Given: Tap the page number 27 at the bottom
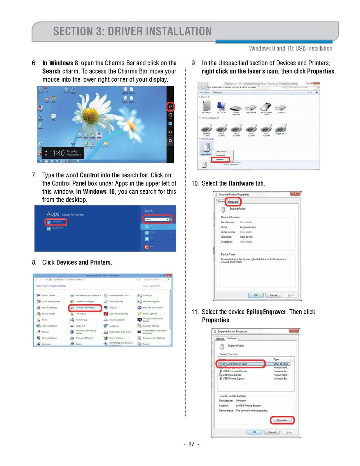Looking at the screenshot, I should pyautogui.click(x=191, y=445).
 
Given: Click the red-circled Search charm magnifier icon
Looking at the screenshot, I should pyautogui.click(x=170, y=106).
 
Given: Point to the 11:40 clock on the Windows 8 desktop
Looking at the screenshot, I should pyautogui.click(x=57, y=153).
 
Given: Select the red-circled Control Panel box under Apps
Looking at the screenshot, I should pyautogui.click(x=55, y=222).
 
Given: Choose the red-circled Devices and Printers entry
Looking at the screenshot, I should pyautogui.click(x=85, y=308).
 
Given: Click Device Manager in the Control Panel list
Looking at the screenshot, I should pyautogui.click(x=49, y=308).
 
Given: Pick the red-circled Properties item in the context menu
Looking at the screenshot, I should pyautogui.click(x=220, y=159).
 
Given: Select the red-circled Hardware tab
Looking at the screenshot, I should pyautogui.click(x=233, y=202).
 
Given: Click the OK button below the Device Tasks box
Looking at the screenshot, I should pyautogui.click(x=256, y=295).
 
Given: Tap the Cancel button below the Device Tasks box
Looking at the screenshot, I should pyautogui.click(x=273, y=295).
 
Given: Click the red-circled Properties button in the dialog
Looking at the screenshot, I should pyautogui.click(x=282, y=420).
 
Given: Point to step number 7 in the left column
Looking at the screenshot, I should pyautogui.click(x=34, y=175).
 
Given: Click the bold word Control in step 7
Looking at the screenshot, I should pyautogui.click(x=89, y=175).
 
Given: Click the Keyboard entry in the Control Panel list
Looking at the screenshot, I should pyautogui.click(x=80, y=326).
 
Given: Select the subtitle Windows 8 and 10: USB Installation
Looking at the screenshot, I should pyautogui.click(x=290, y=49).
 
